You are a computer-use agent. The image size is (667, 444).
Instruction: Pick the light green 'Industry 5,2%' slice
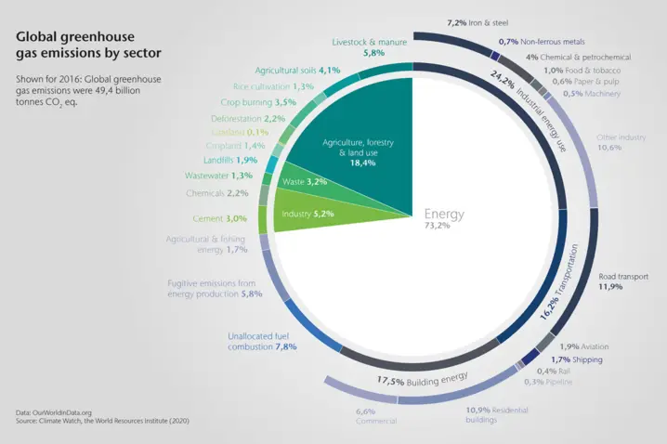306,213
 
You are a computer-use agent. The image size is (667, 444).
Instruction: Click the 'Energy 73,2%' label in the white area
444,219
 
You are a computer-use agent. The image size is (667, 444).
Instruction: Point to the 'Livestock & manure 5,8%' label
367,47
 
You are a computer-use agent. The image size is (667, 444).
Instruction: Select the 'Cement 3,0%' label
220,218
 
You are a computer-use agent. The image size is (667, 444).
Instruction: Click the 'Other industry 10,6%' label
621,141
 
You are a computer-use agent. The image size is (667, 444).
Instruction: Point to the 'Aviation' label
582,346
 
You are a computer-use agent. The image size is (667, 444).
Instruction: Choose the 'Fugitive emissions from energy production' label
215,288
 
